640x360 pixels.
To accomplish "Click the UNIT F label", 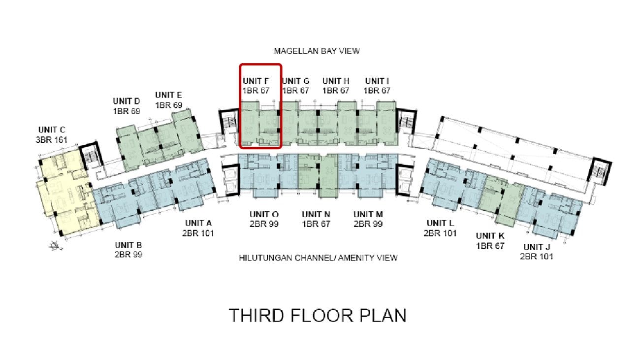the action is [256, 81].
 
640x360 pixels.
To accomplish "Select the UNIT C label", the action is [52, 130].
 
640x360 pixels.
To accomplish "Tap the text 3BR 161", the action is [52, 140].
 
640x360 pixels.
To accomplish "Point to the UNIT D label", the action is [127, 101].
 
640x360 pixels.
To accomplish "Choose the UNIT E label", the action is [168, 95].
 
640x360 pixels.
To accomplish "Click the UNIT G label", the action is [296, 81].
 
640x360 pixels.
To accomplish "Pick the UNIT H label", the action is [336, 81].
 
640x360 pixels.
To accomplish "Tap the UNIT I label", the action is [377, 81].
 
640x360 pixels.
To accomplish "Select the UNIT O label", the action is [264, 214].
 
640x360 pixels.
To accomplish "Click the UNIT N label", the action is [316, 214].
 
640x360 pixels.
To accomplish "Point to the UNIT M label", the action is [368, 214].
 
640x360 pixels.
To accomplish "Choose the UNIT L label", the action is [440, 223].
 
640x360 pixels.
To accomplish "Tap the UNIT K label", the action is [490, 236].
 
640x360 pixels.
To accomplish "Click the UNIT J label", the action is [537, 247].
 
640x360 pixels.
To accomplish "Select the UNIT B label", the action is [128, 245].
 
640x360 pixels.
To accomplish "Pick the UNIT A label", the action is [198, 223].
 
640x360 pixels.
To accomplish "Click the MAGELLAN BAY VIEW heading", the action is [317, 51].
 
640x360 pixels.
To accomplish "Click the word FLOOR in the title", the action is [321, 315].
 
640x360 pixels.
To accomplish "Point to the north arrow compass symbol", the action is [56, 246].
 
